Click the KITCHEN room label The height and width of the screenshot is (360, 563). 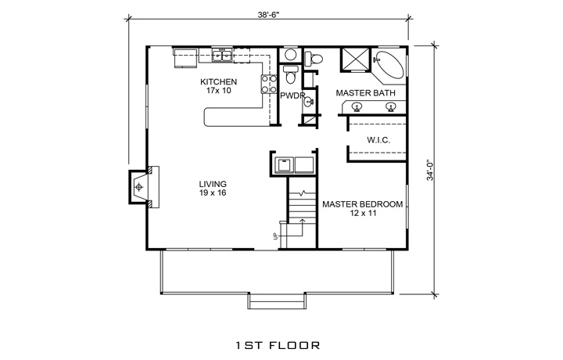(218, 82)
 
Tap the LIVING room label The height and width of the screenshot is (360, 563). (213, 185)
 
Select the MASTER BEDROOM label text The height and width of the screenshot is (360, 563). (362, 204)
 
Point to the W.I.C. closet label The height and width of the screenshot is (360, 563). (378, 140)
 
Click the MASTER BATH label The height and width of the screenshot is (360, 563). (365, 93)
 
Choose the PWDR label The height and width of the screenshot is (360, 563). (292, 95)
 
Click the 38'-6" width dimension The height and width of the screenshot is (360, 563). (268, 15)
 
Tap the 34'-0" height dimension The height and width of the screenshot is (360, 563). (431, 170)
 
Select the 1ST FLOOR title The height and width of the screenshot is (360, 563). (278, 346)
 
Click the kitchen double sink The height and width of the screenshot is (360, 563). (221, 56)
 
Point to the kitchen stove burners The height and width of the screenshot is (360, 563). (269, 84)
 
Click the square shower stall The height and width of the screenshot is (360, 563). (355, 59)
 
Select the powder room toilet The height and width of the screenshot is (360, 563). (290, 74)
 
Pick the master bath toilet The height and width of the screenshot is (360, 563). (314, 58)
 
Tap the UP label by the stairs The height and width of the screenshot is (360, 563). (276, 236)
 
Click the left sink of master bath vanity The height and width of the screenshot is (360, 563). (357, 107)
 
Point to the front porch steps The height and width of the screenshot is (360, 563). (277, 301)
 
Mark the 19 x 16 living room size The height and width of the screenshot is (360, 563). (213, 193)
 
